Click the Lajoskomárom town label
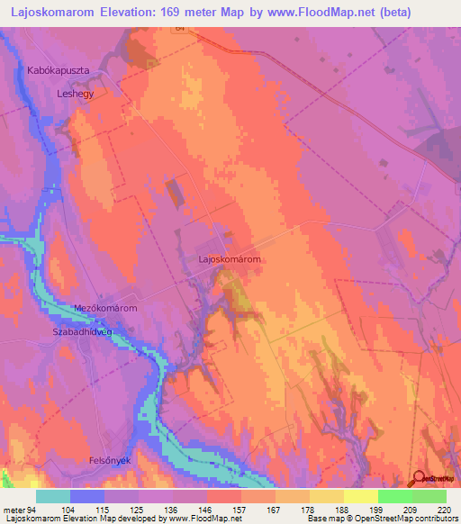(x=230, y=259)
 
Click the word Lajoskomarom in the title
(x=58, y=13)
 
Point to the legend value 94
(x=32, y=509)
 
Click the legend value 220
(x=444, y=509)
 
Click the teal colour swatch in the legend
(x=53, y=496)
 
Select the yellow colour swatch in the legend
(x=360, y=496)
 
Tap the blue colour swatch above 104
(x=87, y=496)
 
